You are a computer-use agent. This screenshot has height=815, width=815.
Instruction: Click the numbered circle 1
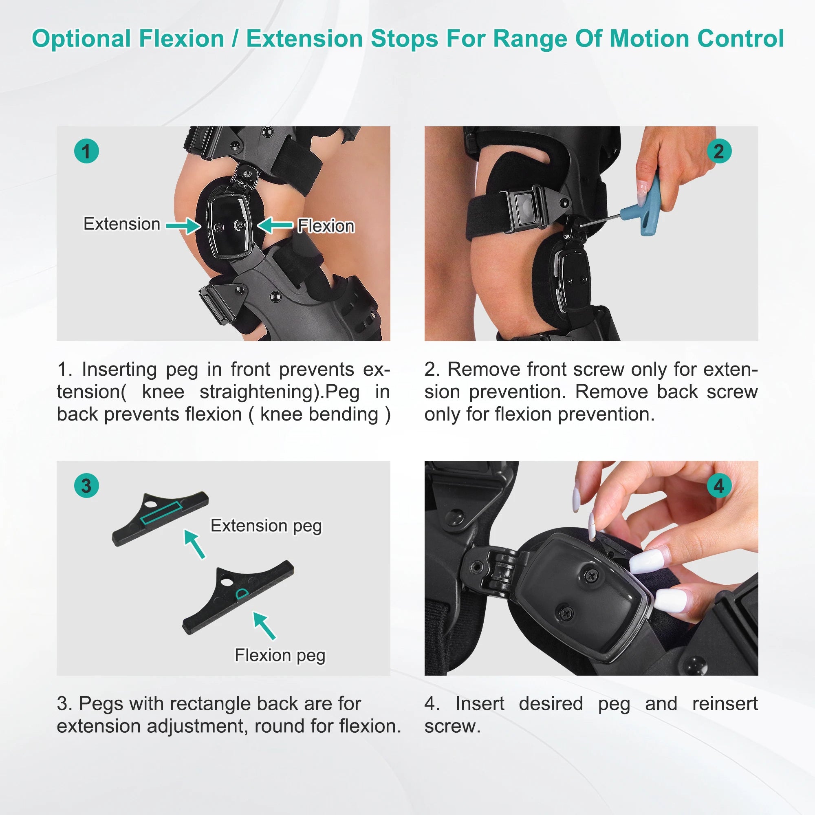click(x=86, y=151)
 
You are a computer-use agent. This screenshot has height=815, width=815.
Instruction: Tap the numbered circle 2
click(x=719, y=151)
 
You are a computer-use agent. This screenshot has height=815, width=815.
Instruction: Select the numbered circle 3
click(x=86, y=486)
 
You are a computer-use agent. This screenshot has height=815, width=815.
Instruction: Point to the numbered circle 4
click(x=719, y=486)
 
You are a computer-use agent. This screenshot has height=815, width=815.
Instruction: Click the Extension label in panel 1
click(x=122, y=224)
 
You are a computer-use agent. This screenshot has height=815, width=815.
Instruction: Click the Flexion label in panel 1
click(x=326, y=227)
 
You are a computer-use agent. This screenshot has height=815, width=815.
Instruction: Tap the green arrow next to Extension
click(x=183, y=226)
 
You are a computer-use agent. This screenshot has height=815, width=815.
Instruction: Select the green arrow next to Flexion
click(x=275, y=225)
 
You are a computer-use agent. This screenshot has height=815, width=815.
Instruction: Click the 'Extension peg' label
click(x=266, y=526)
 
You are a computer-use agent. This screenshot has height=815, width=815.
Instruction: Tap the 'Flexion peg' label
click(x=280, y=656)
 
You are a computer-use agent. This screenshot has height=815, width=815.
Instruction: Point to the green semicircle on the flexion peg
click(x=241, y=595)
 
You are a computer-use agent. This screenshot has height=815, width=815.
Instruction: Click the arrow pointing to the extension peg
click(x=194, y=544)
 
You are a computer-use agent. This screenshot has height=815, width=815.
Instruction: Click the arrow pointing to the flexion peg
click(x=264, y=626)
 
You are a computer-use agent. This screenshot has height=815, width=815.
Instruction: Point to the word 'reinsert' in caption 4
click(x=725, y=704)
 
